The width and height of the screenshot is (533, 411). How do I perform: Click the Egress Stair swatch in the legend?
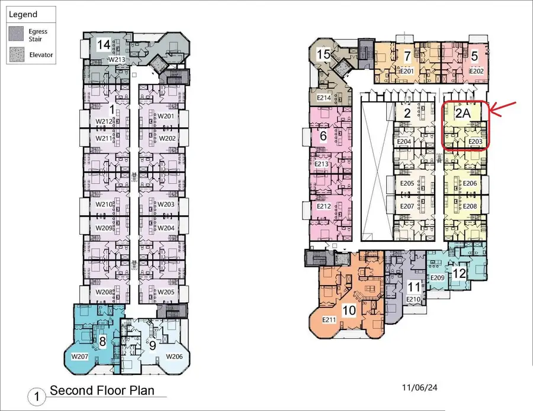pyautogui.click(x=16, y=34)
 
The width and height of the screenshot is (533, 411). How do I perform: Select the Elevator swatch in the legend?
pyautogui.click(x=17, y=54)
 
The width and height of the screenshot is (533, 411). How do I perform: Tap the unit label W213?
pyautogui.click(x=117, y=59)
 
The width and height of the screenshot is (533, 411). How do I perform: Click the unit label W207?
pyautogui.click(x=79, y=357)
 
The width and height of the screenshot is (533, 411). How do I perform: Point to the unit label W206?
pyautogui.click(x=174, y=357)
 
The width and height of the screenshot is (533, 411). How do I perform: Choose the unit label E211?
pyautogui.click(x=329, y=320)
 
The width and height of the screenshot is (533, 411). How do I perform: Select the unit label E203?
pyautogui.click(x=475, y=141)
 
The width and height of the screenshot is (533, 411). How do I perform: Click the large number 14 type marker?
pyautogui.click(x=104, y=45)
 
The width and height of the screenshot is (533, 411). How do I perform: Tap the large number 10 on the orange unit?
pyautogui.click(x=349, y=310)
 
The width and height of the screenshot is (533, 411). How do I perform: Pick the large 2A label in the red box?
pyautogui.click(x=463, y=114)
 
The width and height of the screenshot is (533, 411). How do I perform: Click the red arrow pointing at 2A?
pyautogui.click(x=502, y=109)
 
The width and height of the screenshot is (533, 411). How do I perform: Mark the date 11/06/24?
pyautogui.click(x=419, y=387)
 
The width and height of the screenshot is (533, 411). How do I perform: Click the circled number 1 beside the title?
pyautogui.click(x=36, y=396)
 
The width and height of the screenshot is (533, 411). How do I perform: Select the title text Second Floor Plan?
pyautogui.click(x=102, y=391)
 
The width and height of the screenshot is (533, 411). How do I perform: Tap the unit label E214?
pyautogui.click(x=323, y=98)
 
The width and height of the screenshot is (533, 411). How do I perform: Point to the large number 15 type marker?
pyautogui.click(x=323, y=54)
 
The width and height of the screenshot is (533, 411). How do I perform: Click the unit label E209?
pyautogui.click(x=437, y=277)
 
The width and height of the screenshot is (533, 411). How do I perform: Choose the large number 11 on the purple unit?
pyautogui.click(x=414, y=287)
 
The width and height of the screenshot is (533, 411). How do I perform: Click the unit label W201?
pyautogui.click(x=166, y=116)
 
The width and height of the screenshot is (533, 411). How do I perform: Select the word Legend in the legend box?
pyautogui.click(x=23, y=15)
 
